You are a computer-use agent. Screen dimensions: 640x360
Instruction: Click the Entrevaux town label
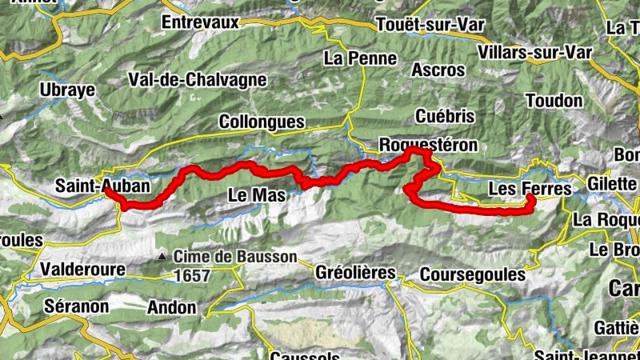(x=200, y=22)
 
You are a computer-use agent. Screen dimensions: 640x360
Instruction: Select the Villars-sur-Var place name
(x=534, y=53)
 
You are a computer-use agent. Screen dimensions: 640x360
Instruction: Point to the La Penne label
(x=360, y=58)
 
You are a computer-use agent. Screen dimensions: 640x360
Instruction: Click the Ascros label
(x=438, y=70)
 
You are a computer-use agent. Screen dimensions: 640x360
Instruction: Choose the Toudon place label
(x=554, y=101)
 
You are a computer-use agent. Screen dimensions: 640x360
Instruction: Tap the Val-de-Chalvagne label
(x=186, y=80)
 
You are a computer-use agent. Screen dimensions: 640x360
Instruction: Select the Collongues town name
(x=262, y=122)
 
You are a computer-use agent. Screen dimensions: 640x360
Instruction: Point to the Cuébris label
(x=446, y=117)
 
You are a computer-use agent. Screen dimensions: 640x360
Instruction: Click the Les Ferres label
(x=530, y=190)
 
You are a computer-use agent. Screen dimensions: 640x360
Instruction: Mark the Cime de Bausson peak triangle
(x=163, y=257)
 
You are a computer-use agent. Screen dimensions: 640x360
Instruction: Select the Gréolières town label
(x=355, y=272)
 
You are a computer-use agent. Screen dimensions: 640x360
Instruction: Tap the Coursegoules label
(x=472, y=274)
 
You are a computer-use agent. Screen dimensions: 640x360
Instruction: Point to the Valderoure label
(x=82, y=269)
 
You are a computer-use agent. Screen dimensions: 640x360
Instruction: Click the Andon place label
(x=171, y=306)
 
